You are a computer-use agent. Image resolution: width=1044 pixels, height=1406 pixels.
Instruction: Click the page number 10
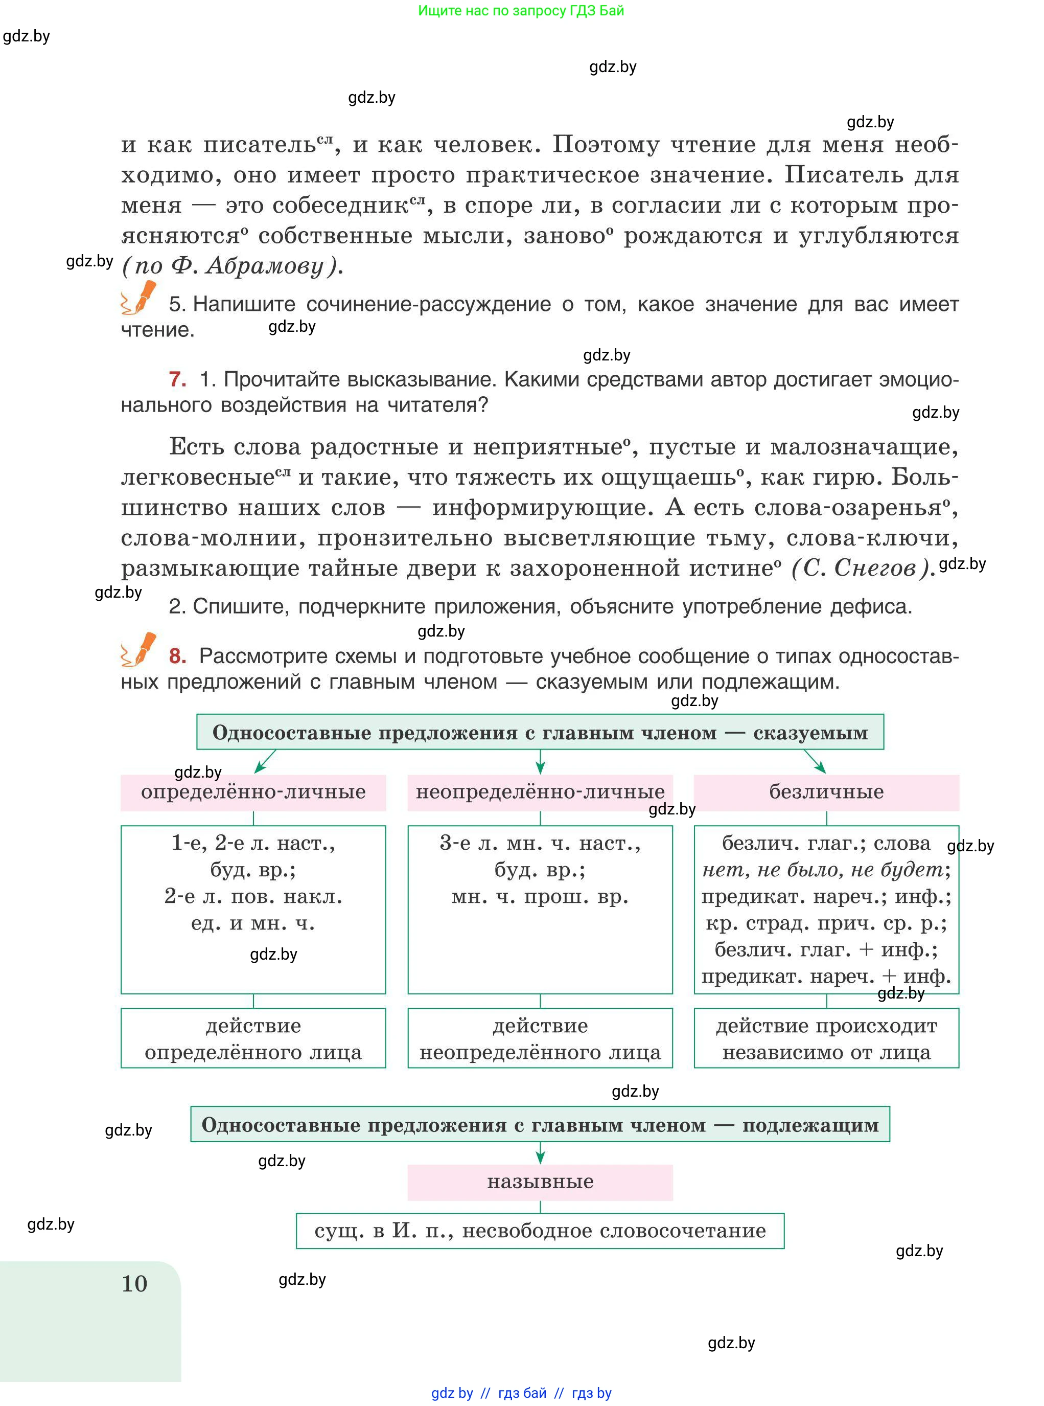(134, 1283)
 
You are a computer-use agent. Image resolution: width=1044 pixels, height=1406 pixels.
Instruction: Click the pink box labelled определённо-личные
(253, 792)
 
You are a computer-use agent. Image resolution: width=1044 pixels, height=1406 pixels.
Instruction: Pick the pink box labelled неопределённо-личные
(540, 792)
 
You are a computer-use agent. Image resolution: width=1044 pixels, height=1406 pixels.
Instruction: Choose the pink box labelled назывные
(540, 1182)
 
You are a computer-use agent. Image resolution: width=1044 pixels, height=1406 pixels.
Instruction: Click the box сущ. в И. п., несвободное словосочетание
(540, 1230)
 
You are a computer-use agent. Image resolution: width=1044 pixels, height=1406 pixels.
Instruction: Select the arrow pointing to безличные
(815, 762)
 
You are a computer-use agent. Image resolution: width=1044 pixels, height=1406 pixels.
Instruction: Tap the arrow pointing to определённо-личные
(265, 762)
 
